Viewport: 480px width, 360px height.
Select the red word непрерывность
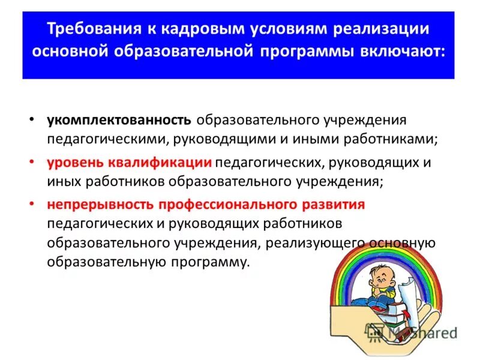coord(101,205)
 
